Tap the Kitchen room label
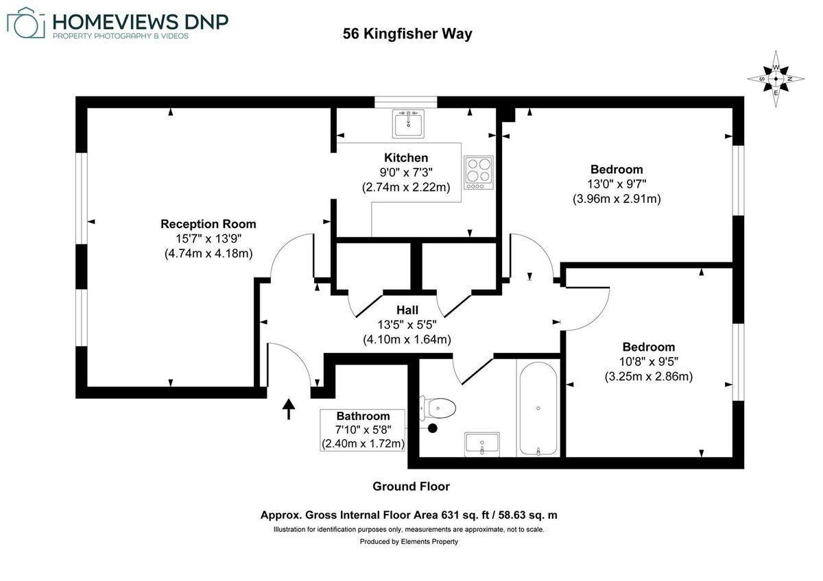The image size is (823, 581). point(406,158)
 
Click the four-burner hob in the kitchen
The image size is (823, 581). point(479,173)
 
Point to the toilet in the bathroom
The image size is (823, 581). point(440,408)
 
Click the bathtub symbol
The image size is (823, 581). point(539,410)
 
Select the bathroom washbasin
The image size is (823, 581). point(483,443)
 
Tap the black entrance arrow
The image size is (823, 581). point(289,408)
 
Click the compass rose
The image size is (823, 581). point(776,79)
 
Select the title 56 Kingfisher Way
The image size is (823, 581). point(407,34)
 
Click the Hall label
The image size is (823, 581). point(407,310)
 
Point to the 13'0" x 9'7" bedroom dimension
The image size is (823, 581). point(617,184)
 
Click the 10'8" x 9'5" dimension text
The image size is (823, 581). point(648,362)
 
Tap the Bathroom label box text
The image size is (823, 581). point(363,417)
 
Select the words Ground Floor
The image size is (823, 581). point(411,486)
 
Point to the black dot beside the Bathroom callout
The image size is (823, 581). point(433,429)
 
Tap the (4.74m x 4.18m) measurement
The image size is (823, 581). point(208,253)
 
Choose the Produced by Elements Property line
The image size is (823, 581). point(409,541)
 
